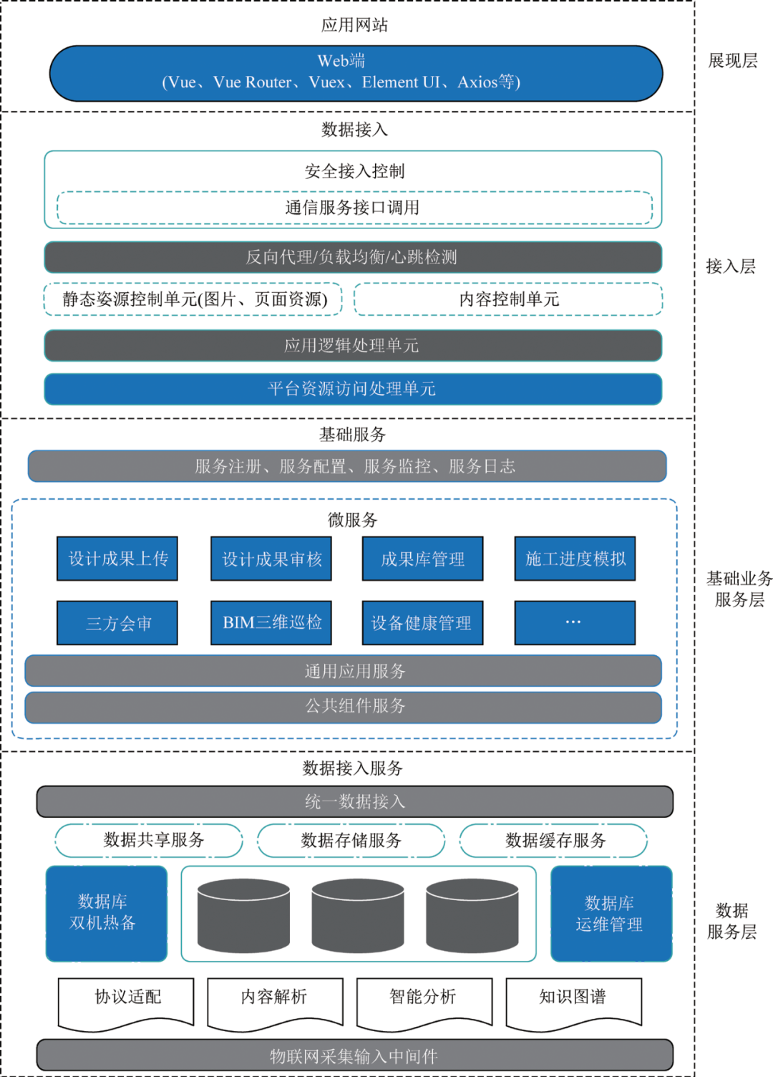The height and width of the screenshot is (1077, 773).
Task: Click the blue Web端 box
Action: [x=356, y=73]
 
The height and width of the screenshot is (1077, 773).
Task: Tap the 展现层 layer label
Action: [x=732, y=61]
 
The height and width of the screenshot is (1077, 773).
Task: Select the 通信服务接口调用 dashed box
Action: [x=354, y=208]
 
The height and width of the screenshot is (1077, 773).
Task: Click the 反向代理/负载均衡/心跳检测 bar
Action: [x=352, y=257]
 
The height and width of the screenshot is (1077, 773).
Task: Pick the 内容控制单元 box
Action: [x=508, y=299]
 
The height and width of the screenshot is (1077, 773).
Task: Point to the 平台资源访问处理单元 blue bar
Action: [x=352, y=389]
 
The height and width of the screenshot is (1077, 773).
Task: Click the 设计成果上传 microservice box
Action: [x=117, y=559]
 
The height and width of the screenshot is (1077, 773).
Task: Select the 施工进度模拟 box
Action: [x=575, y=559]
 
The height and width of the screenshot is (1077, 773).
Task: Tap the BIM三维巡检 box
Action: [x=271, y=623]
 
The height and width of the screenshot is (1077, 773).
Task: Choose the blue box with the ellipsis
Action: [x=575, y=623]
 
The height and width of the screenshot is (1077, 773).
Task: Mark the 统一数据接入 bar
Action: [x=354, y=801]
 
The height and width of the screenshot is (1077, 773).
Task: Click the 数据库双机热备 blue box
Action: [x=107, y=913]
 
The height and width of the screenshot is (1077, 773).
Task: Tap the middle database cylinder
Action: [x=358, y=917]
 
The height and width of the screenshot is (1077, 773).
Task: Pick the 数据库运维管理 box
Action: [x=611, y=913]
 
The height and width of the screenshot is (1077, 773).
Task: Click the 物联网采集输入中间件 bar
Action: [x=354, y=1056]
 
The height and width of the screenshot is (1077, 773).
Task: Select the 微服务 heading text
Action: [x=352, y=520]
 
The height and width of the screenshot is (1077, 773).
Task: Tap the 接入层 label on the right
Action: [x=730, y=266]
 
